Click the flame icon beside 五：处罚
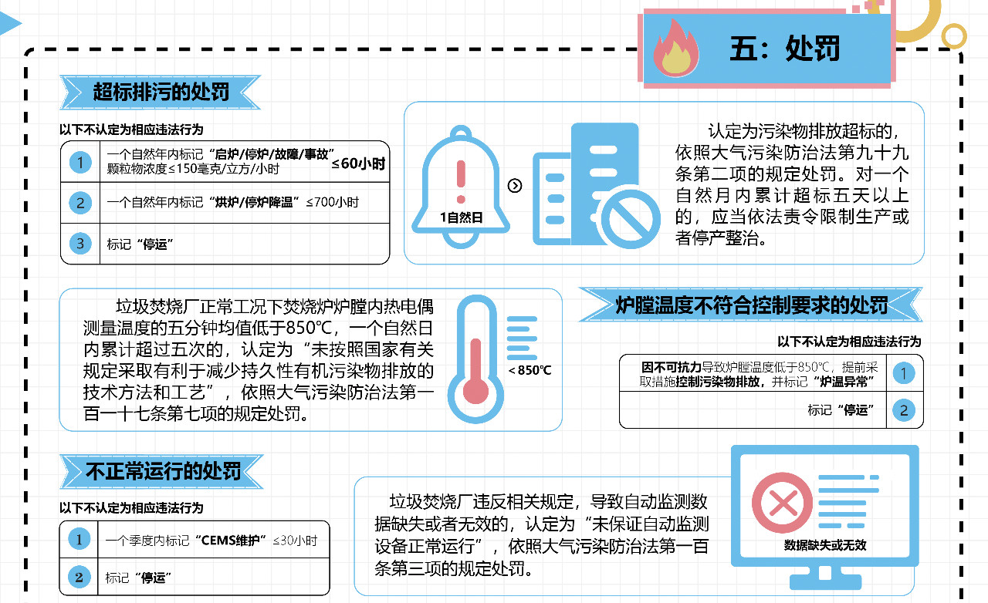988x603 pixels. (x=675, y=48)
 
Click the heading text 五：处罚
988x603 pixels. (x=784, y=49)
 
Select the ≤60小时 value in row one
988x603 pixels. (x=358, y=163)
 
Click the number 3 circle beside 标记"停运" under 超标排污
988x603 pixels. (x=80, y=244)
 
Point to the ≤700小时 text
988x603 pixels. (x=333, y=203)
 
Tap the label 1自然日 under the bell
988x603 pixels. (x=461, y=217)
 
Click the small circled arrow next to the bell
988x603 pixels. (x=516, y=185)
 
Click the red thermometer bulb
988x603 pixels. (x=482, y=390)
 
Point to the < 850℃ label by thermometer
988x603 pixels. (x=530, y=370)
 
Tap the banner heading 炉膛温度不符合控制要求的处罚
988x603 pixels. (x=751, y=305)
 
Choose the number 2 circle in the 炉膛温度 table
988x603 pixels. (x=904, y=410)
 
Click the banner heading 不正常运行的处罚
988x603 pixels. (x=162, y=471)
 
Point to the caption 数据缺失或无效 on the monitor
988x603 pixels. (x=825, y=545)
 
